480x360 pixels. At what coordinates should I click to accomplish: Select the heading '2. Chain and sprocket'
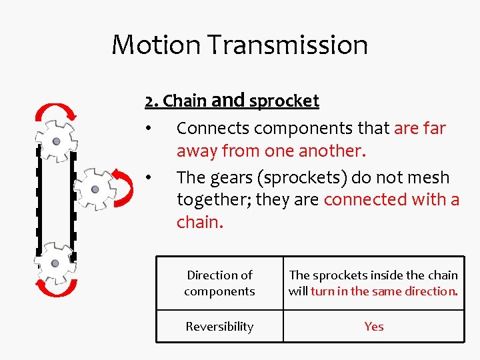pos(232,101)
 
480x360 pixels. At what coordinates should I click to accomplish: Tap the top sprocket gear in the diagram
pos(56,141)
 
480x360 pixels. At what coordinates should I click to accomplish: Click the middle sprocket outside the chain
pos(95,189)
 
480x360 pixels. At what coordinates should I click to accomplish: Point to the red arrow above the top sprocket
pos(56,112)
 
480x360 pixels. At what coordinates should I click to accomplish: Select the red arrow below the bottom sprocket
pos(56,288)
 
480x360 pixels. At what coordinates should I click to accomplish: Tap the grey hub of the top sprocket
pos(56,141)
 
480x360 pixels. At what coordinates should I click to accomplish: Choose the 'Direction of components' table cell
pos(219,283)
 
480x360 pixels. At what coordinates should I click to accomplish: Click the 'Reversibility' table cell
pos(219,326)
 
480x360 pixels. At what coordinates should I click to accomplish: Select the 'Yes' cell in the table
pos(374,326)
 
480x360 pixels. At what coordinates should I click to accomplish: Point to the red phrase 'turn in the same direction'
pos(384,291)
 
